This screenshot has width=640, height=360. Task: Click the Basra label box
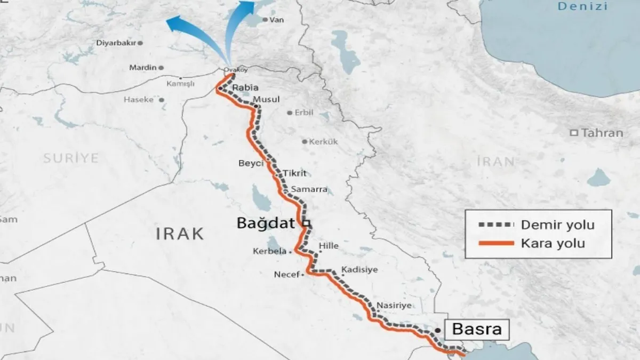click(476, 329)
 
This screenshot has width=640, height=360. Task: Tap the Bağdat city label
click(266, 224)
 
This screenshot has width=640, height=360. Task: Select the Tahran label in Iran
click(602, 133)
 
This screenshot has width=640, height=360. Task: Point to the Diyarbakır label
click(116, 43)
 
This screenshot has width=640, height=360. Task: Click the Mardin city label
click(142, 68)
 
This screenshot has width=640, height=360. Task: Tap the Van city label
click(276, 20)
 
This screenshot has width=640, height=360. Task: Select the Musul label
click(266, 100)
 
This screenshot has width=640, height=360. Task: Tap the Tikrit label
click(295, 173)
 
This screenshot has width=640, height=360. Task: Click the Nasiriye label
click(394, 306)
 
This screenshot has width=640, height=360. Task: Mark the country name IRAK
click(180, 233)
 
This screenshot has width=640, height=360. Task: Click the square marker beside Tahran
click(574, 133)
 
